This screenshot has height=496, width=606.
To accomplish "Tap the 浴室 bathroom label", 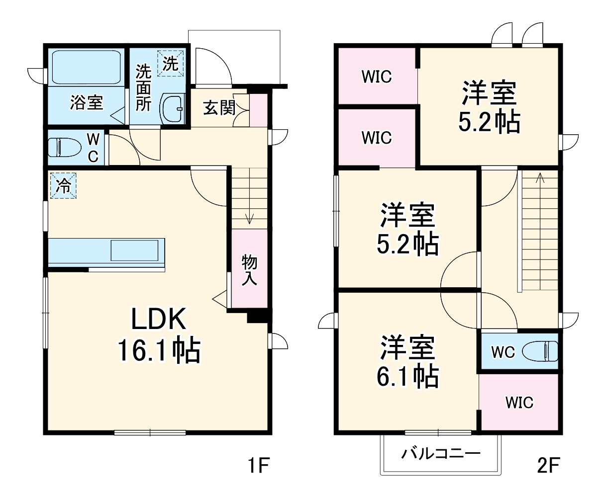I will [87, 103].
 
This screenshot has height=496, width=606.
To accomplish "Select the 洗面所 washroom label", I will [143, 88].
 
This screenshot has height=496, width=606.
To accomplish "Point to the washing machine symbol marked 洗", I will [171, 63].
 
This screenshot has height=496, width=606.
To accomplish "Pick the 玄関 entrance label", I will [219, 108].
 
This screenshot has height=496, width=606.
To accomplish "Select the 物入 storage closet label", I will [249, 270].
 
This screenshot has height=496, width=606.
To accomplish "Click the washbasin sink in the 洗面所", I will [172, 108].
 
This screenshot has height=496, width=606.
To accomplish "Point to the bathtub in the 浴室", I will [87, 67].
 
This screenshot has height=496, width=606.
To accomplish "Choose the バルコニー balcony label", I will [441, 453].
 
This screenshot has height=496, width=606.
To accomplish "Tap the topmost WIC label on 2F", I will [377, 77].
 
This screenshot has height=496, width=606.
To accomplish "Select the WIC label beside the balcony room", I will [519, 402].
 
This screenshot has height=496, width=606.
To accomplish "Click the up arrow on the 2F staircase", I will [540, 178].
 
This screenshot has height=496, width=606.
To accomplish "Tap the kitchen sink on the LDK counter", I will [134, 250].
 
